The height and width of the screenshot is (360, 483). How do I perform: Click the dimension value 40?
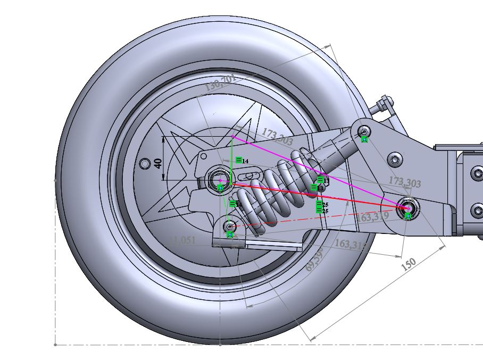[158, 163]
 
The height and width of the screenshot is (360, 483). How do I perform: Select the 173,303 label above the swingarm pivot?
[404, 182]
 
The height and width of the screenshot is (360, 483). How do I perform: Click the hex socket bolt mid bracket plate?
[395, 158]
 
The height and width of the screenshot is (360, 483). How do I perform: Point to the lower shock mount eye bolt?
[229, 227]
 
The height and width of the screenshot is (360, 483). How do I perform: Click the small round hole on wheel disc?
[144, 163]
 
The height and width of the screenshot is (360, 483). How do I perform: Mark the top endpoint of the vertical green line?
[232, 137]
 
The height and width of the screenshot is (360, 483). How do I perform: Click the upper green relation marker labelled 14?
[239, 160]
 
